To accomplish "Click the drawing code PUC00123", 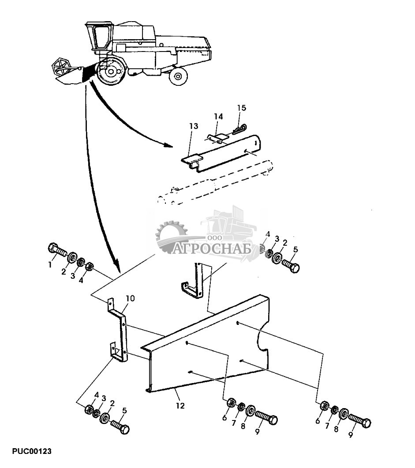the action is coord(32,451).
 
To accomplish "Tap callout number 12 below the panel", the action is coord(180,405).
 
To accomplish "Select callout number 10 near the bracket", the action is coord(130,298).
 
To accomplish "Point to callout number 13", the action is coord(194,126).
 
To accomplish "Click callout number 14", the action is coord(219,116).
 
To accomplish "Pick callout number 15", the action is coord(241,107).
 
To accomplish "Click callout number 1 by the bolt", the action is coord(50,265).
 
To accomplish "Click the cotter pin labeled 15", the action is coord(240,129).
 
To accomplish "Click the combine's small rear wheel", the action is coord(178,76).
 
